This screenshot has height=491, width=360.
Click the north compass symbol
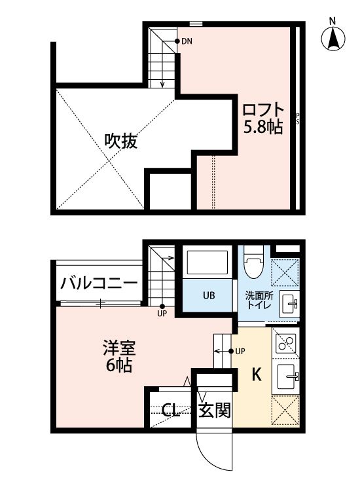(333, 39)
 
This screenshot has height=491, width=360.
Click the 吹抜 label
(121, 141)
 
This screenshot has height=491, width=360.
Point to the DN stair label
(187, 42)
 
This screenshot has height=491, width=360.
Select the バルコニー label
(99, 283)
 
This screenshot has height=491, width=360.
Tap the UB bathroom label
(208, 295)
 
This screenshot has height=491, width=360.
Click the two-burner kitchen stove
(286, 342)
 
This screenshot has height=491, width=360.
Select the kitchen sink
(288, 378)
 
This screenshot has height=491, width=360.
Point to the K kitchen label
(257, 375)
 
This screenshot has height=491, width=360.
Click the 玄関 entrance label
(214, 411)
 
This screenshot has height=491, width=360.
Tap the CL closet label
(171, 411)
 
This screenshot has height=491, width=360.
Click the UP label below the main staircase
(162, 313)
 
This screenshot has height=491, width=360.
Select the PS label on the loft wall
(298, 118)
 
